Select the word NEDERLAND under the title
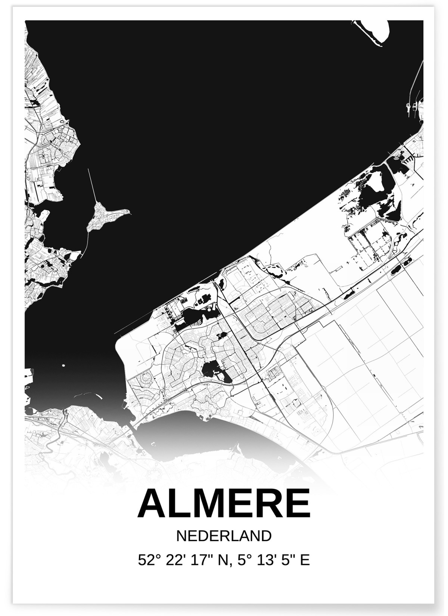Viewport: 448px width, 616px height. (224, 536)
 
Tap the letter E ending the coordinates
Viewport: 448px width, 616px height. (305, 560)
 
